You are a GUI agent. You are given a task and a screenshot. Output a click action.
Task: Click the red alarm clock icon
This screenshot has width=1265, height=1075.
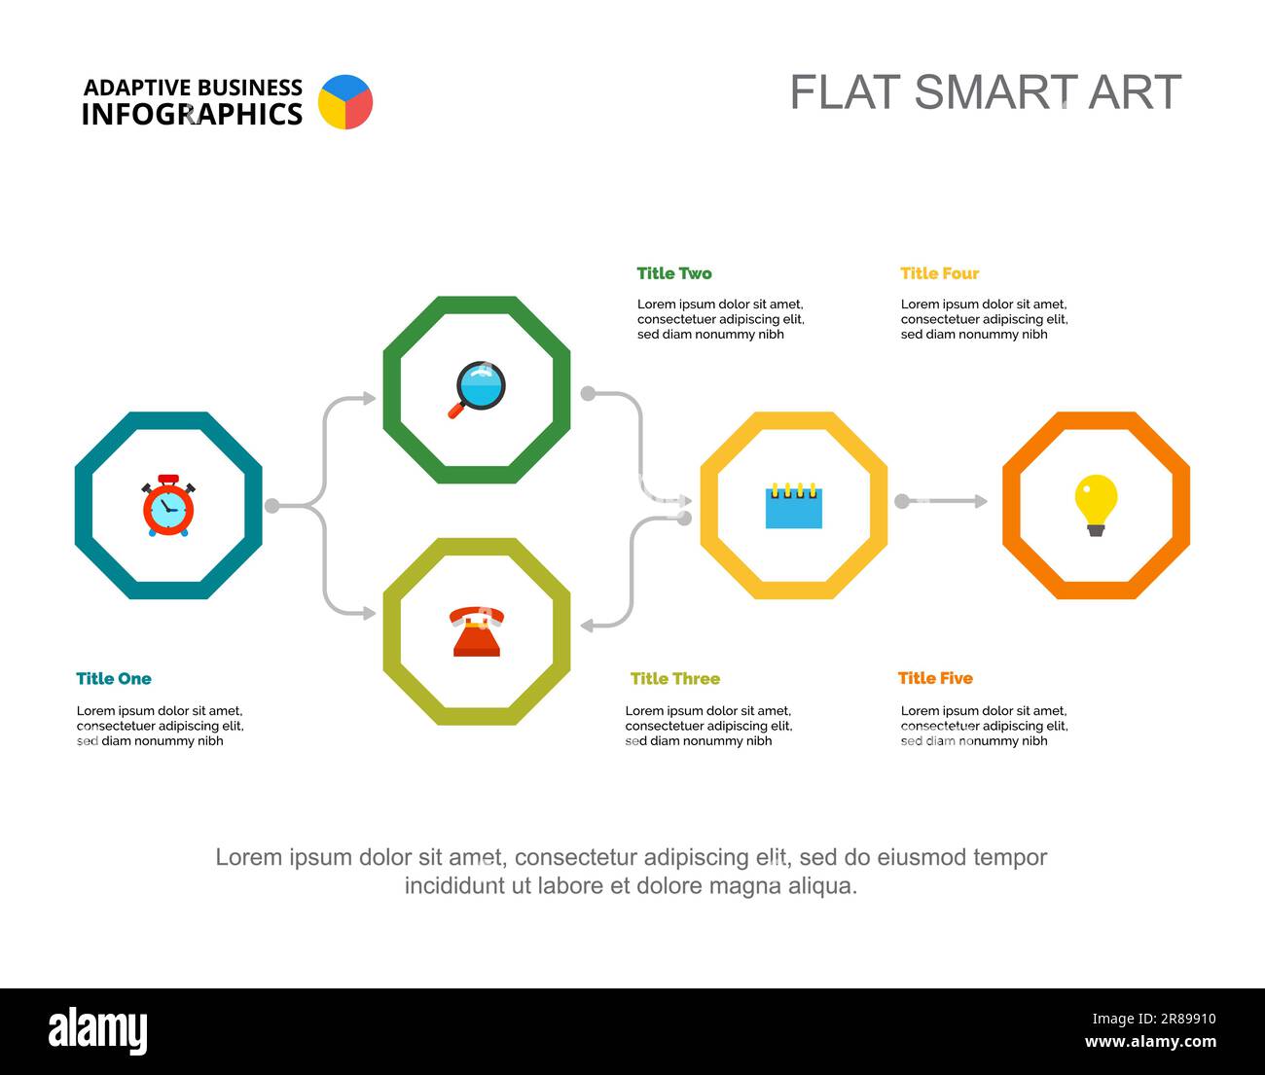pos(168,505)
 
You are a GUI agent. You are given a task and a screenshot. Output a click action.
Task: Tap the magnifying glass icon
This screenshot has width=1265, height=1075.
pos(477,390)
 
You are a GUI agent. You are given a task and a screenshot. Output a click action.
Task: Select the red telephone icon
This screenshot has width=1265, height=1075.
pos(477,631)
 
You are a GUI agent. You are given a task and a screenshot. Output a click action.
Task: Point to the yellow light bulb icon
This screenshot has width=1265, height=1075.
pos(1096,505)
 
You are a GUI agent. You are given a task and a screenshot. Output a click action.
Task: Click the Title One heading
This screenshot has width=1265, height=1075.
pos(114,678)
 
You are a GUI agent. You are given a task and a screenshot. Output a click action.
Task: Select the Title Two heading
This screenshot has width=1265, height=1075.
pos(674,273)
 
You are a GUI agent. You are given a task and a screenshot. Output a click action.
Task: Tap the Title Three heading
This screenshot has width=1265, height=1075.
pos(675,678)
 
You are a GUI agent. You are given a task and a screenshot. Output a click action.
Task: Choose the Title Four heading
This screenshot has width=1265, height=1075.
pos(939,273)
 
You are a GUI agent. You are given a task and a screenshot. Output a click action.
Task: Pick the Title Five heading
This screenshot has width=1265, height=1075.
pos(935,678)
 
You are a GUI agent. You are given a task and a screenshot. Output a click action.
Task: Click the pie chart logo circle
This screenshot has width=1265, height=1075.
pos(345,102)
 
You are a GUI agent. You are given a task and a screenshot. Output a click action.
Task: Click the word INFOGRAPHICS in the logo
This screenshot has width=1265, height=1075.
pos(192,115)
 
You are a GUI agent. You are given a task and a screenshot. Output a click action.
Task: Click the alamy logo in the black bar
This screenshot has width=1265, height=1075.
pos(98,1031)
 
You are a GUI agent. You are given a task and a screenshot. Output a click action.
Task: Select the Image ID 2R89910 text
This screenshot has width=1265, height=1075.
pos(1154,1019)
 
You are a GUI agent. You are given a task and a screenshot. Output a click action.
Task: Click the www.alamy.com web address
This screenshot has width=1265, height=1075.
pos(1150,1041)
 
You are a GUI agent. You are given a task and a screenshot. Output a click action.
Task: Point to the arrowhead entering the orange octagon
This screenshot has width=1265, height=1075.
pos(981,502)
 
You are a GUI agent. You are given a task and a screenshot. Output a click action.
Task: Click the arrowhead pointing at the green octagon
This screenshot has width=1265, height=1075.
pos(370,398)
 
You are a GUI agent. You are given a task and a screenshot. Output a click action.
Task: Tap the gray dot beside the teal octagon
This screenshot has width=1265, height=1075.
pos(272,506)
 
